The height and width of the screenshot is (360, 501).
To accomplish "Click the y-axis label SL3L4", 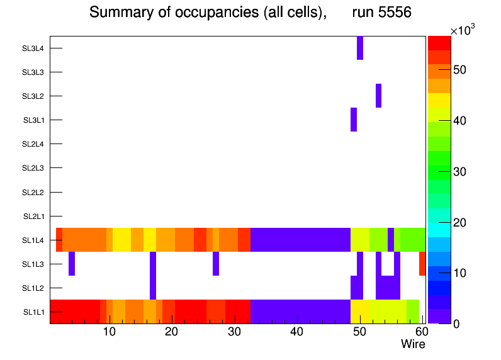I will (33, 48).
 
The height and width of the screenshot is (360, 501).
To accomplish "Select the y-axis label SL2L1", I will (33, 217).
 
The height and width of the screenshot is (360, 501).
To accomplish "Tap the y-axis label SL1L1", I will (33, 312).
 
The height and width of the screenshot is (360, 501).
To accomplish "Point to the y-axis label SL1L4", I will (33, 240).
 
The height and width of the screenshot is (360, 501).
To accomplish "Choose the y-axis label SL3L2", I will (33, 96).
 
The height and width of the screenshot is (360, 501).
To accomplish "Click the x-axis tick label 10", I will (109, 332).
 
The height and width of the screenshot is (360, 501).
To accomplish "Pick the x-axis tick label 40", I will (296, 332).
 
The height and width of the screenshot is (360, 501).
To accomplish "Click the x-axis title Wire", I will (413, 344).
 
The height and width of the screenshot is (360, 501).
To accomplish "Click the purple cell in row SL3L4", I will (360, 48).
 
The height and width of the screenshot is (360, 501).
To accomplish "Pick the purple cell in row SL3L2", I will (379, 96).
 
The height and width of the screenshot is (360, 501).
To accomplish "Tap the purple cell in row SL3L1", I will (354, 120).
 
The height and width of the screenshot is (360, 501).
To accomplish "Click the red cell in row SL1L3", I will (422, 263).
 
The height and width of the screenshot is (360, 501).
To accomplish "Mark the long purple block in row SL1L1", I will (300, 311).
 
